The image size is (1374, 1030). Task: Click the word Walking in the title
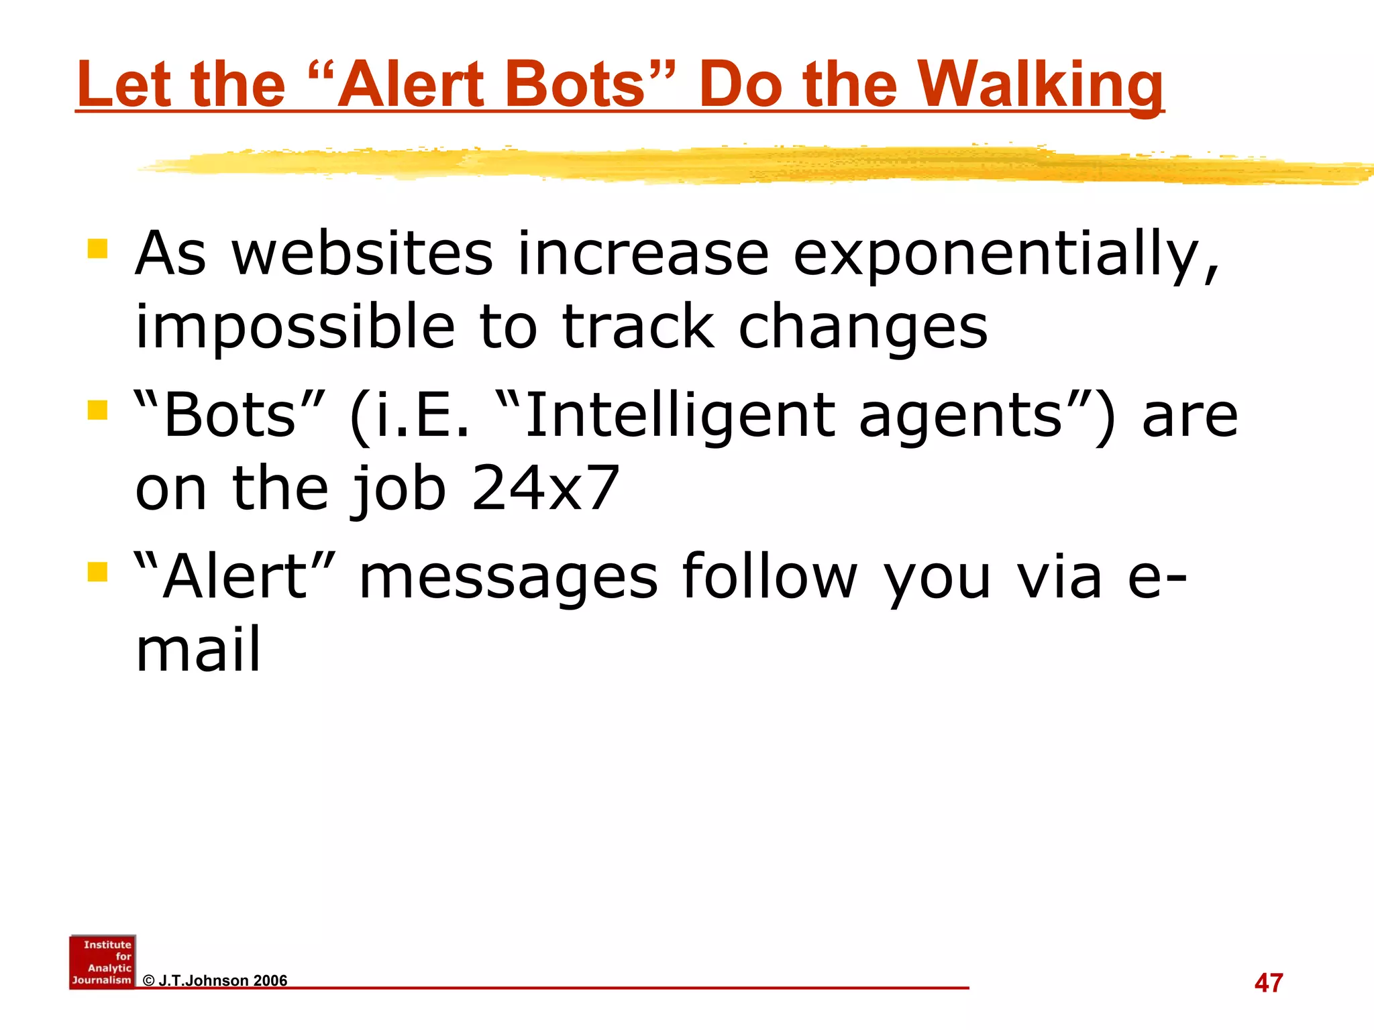(1041, 85)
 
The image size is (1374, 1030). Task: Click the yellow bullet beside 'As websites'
(98, 249)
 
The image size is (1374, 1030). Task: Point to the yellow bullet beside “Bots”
(98, 410)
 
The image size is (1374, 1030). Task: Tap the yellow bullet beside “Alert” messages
(98, 572)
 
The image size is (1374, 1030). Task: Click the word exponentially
(1006, 255)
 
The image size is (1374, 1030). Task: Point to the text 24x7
(545, 488)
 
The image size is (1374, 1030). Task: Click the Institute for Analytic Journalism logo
(103, 962)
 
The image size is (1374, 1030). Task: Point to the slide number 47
(1268, 983)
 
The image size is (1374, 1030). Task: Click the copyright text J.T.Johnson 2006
(215, 980)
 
